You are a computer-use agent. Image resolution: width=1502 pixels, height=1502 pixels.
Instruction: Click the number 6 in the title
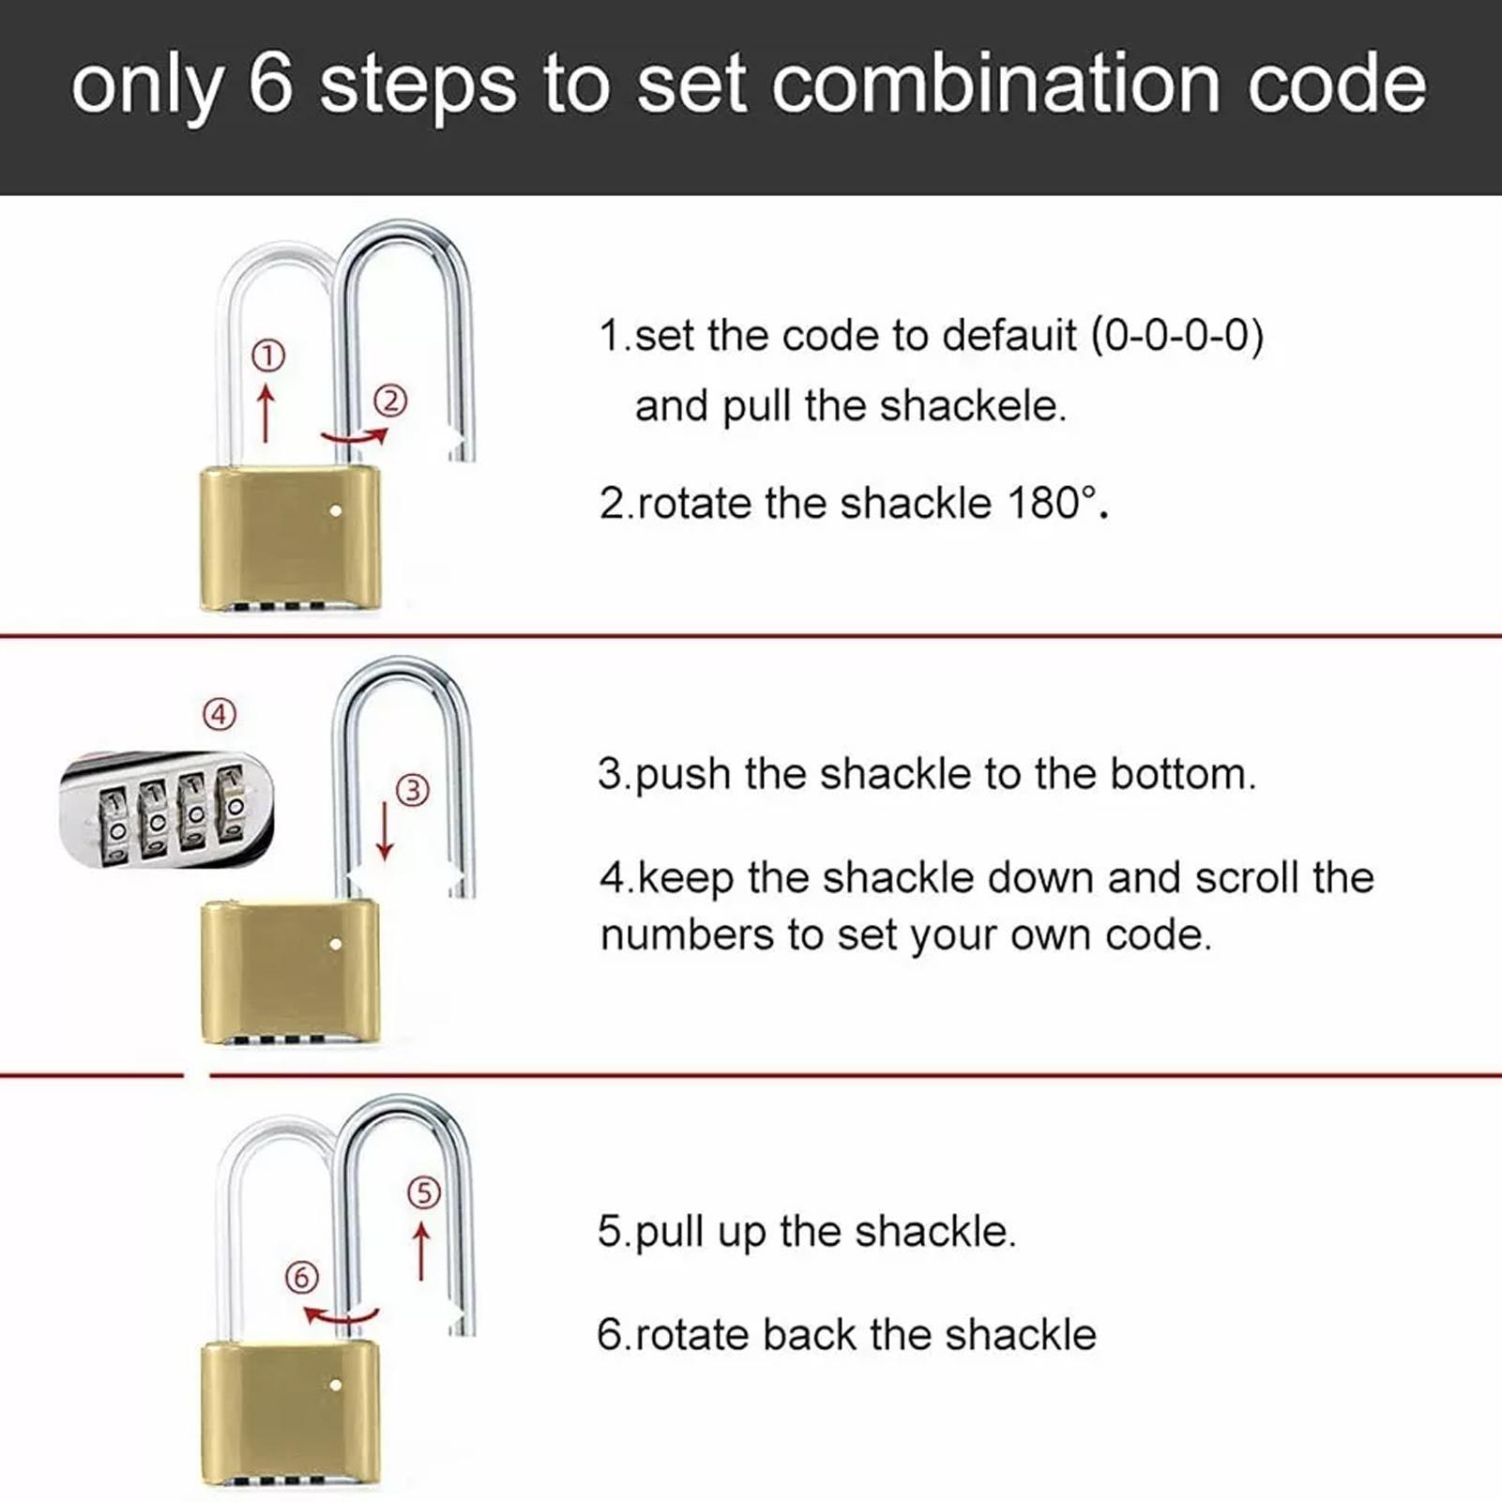click(x=271, y=83)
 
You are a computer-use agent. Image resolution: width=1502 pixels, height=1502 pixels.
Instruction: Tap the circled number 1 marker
click(x=268, y=356)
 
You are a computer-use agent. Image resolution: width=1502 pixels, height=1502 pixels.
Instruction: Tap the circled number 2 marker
click(x=391, y=402)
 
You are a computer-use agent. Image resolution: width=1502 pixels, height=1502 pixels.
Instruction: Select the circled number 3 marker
click(x=413, y=791)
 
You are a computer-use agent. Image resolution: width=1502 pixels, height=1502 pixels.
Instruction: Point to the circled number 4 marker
click(x=220, y=715)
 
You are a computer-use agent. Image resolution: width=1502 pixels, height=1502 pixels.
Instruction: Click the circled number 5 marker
click(x=423, y=1192)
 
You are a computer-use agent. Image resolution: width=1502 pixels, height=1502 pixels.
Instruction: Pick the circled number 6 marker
click(x=302, y=1278)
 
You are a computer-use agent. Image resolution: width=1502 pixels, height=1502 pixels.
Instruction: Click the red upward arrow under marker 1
click(x=266, y=413)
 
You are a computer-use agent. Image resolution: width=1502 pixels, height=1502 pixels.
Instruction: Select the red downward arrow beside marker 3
click(x=385, y=831)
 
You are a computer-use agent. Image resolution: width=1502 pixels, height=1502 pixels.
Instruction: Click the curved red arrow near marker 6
click(x=341, y=1315)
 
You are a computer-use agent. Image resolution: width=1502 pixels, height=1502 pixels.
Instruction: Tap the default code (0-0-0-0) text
click(x=1176, y=336)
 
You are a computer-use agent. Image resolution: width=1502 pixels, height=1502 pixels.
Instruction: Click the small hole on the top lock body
click(x=336, y=511)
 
